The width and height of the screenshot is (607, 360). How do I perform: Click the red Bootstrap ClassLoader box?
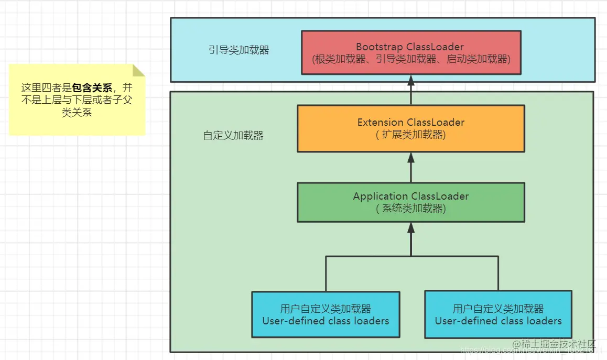click(x=411, y=52)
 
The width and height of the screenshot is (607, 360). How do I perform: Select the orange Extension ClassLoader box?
click(x=411, y=128)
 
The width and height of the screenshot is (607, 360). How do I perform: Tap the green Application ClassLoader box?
click(x=411, y=202)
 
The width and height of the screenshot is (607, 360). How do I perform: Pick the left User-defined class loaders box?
click(x=326, y=314)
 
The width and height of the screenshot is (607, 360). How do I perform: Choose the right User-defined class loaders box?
click(x=498, y=314)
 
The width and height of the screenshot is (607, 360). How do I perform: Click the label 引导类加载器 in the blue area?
click(x=239, y=50)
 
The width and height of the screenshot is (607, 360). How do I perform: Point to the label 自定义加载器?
click(x=233, y=135)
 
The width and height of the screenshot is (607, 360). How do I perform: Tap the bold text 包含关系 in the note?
click(x=92, y=88)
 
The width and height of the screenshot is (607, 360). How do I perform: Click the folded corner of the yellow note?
click(x=139, y=70)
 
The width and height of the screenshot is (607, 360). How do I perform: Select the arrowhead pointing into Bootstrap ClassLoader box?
click(x=411, y=80)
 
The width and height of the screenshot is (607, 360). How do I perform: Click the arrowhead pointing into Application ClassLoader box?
click(x=411, y=227)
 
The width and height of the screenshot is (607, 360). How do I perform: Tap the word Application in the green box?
click(x=381, y=197)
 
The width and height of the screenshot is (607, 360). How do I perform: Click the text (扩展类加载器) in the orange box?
click(x=411, y=135)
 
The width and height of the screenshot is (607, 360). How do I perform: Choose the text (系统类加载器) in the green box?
click(x=411, y=209)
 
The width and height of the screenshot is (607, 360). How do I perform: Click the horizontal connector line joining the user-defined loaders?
click(x=411, y=257)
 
